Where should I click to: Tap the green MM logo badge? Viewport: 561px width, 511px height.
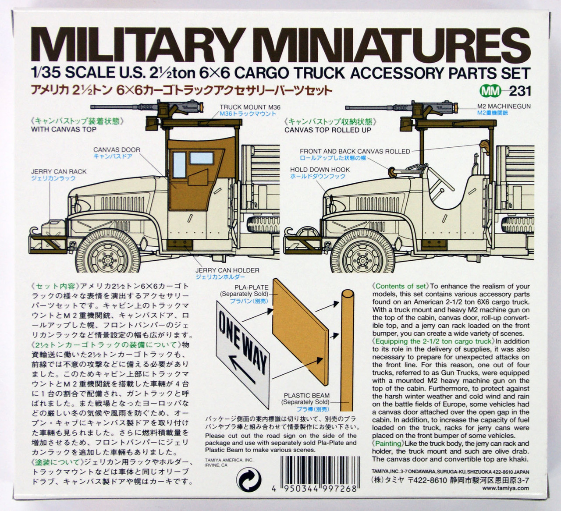pos(490,91)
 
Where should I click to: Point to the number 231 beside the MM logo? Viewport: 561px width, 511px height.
pos(521,91)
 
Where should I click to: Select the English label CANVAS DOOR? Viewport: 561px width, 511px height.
pos(117,149)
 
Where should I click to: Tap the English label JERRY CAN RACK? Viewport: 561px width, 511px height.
pos(59,171)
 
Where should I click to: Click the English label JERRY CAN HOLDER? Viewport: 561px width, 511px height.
pos(227,270)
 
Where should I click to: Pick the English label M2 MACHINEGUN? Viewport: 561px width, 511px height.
pos(504,106)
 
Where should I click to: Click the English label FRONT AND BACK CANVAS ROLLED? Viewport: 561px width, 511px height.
pos(355,151)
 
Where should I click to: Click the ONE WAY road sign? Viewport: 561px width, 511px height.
pos(243,351)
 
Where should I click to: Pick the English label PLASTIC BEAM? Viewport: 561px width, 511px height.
pos(306,395)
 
